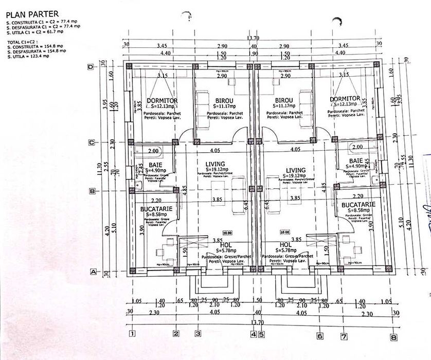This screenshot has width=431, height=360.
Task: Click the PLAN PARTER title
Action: pos(32,13)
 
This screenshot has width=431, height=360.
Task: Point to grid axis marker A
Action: pos(94,271)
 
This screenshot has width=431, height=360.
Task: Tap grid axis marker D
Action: pos(91,67)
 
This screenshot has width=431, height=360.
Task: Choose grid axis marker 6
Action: pos(320,336)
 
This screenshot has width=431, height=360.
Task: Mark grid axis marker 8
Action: pos(393,337)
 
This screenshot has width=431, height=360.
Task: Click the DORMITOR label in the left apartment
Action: pos(162,100)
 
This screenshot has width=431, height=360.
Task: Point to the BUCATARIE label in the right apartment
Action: pos(357,205)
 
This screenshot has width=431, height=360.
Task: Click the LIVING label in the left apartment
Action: pos(215,164)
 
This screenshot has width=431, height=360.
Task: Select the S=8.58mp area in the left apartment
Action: pos(155,214)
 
